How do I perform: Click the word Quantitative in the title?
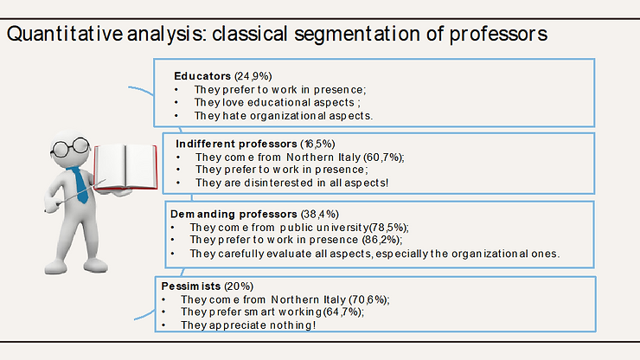coord(65,34)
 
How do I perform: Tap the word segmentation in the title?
coord(357,35)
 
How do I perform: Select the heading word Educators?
coord(202,76)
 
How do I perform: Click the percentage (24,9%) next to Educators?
coord(253,76)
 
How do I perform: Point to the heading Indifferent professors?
coord(236,144)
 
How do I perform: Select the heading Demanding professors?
coord(234,214)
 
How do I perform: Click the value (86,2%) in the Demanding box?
coord(381,240)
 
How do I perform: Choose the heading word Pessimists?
coord(190,286)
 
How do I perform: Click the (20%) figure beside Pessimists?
coord(239,286)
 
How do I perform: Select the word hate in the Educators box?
coord(234,116)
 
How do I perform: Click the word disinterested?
coord(278,183)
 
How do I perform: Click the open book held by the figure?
coord(125,168)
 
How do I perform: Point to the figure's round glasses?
coord(70,147)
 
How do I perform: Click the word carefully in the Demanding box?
coord(240,254)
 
